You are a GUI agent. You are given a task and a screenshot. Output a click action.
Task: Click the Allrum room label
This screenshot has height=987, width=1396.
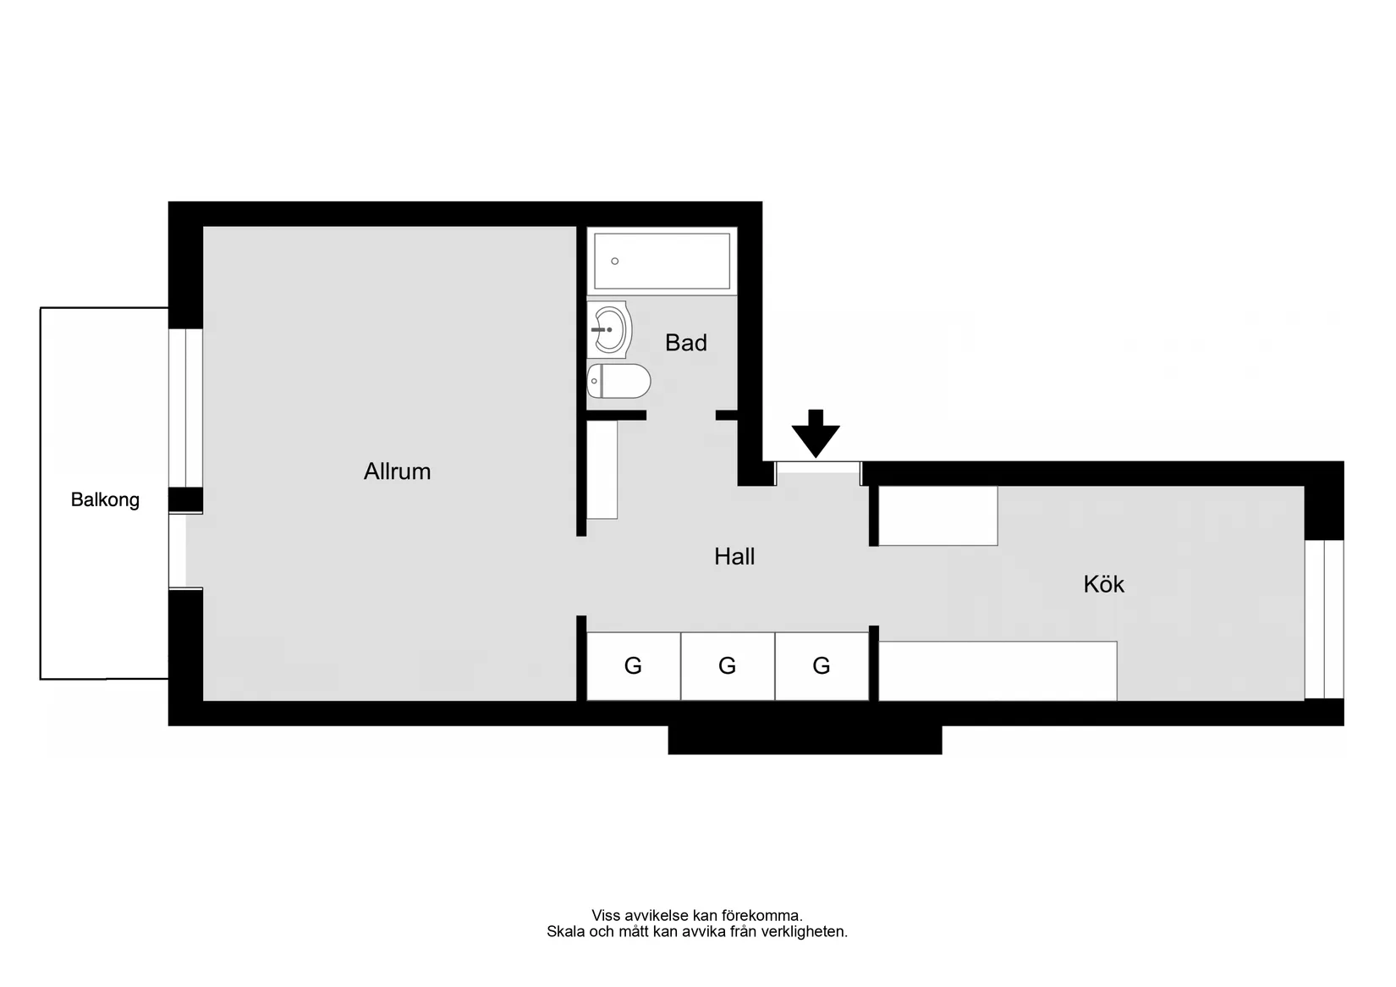tap(397, 471)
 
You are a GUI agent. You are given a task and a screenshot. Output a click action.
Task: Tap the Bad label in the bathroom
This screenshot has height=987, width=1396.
tap(685, 343)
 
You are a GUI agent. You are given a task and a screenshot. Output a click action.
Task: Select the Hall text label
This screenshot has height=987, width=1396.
tap(734, 556)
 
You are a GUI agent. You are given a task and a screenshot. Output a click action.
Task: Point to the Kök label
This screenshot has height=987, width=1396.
tap(1104, 584)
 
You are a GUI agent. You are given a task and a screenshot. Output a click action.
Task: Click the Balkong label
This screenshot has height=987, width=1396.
tap(105, 500)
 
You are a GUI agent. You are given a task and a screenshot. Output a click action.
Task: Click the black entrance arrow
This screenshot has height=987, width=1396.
tap(816, 433)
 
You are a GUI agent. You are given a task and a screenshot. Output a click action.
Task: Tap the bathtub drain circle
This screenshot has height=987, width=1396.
tap(614, 262)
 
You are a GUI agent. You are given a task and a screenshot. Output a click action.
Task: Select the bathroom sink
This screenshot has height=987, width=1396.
tap(609, 330)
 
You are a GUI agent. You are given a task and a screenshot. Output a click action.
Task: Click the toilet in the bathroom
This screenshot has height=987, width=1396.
tap(618, 381)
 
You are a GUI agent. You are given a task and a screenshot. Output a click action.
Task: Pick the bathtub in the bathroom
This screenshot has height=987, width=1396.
tap(662, 262)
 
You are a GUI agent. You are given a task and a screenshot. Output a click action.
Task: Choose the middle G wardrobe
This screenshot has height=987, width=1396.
tap(728, 666)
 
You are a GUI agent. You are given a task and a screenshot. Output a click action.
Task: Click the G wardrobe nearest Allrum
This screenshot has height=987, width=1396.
tap(633, 666)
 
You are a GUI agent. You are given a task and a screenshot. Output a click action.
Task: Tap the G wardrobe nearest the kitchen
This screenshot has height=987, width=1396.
tap(822, 666)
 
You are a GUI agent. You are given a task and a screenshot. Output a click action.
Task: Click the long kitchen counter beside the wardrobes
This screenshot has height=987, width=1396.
tap(998, 671)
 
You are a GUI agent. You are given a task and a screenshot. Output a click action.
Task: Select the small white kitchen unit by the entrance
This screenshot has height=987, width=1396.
tap(938, 516)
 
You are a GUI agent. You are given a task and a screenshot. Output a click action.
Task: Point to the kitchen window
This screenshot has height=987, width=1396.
tap(1324, 619)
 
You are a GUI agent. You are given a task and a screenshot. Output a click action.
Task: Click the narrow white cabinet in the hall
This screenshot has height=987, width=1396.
tap(602, 470)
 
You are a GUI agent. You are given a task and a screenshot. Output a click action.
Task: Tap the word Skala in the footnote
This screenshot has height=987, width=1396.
tap(566, 931)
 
